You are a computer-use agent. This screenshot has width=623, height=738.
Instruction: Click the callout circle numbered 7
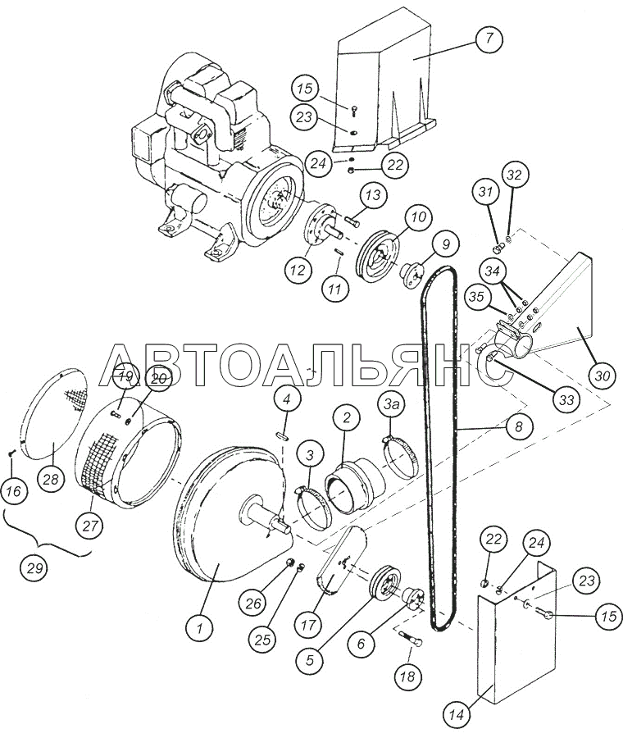tap(489, 39)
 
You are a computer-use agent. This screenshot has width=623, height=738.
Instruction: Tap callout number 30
tap(603, 376)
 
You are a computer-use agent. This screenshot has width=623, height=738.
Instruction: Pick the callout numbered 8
tap(518, 426)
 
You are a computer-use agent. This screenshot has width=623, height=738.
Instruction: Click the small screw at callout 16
tap(10, 452)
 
